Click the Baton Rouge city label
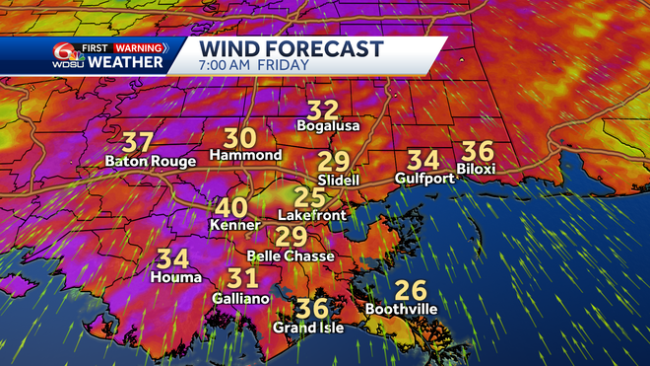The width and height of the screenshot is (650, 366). tap(140, 162)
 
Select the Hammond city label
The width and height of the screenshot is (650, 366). tap(245, 156)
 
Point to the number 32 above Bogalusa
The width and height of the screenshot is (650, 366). tap(323, 110)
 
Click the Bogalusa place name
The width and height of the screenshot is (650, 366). tap(325, 126)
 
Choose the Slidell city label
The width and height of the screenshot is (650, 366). tap(338, 182)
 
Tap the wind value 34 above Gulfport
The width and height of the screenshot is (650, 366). tap(423, 160)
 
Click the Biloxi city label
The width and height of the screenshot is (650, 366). tap(477, 169)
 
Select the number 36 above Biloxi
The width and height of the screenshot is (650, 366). tap(477, 151)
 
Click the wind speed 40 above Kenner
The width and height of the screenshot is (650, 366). tap(232, 208)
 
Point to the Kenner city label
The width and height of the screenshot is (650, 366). tap(233, 225)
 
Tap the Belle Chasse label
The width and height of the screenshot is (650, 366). tap(291, 256)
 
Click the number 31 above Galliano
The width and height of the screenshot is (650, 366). tap(242, 279)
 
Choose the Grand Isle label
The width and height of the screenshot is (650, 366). tap(308, 328)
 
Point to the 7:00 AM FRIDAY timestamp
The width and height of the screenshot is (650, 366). tap(254, 65)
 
